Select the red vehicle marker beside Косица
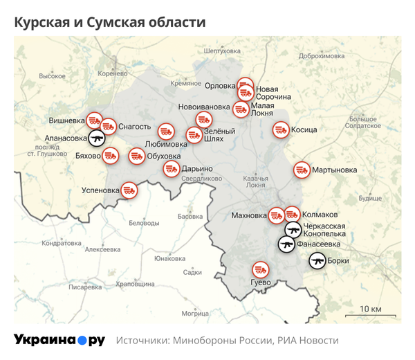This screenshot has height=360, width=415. click(x=280, y=129)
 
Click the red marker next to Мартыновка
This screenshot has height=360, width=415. click(x=302, y=169)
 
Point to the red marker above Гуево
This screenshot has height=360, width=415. click(x=260, y=269)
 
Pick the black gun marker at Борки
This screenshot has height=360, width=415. click(x=317, y=261)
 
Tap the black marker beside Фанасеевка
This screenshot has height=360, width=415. click(x=286, y=244)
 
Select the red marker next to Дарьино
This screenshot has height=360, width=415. click(x=170, y=168)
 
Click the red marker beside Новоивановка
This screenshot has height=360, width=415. click(x=240, y=108)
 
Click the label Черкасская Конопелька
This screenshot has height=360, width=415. click(x=325, y=230)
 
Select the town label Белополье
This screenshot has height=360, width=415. click(x=144, y=223)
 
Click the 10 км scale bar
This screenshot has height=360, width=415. click(x=371, y=314)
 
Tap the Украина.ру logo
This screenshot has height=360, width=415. click(x=59, y=340)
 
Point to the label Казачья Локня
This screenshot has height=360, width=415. click(x=255, y=181)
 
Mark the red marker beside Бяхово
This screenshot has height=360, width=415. click(x=110, y=156)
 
